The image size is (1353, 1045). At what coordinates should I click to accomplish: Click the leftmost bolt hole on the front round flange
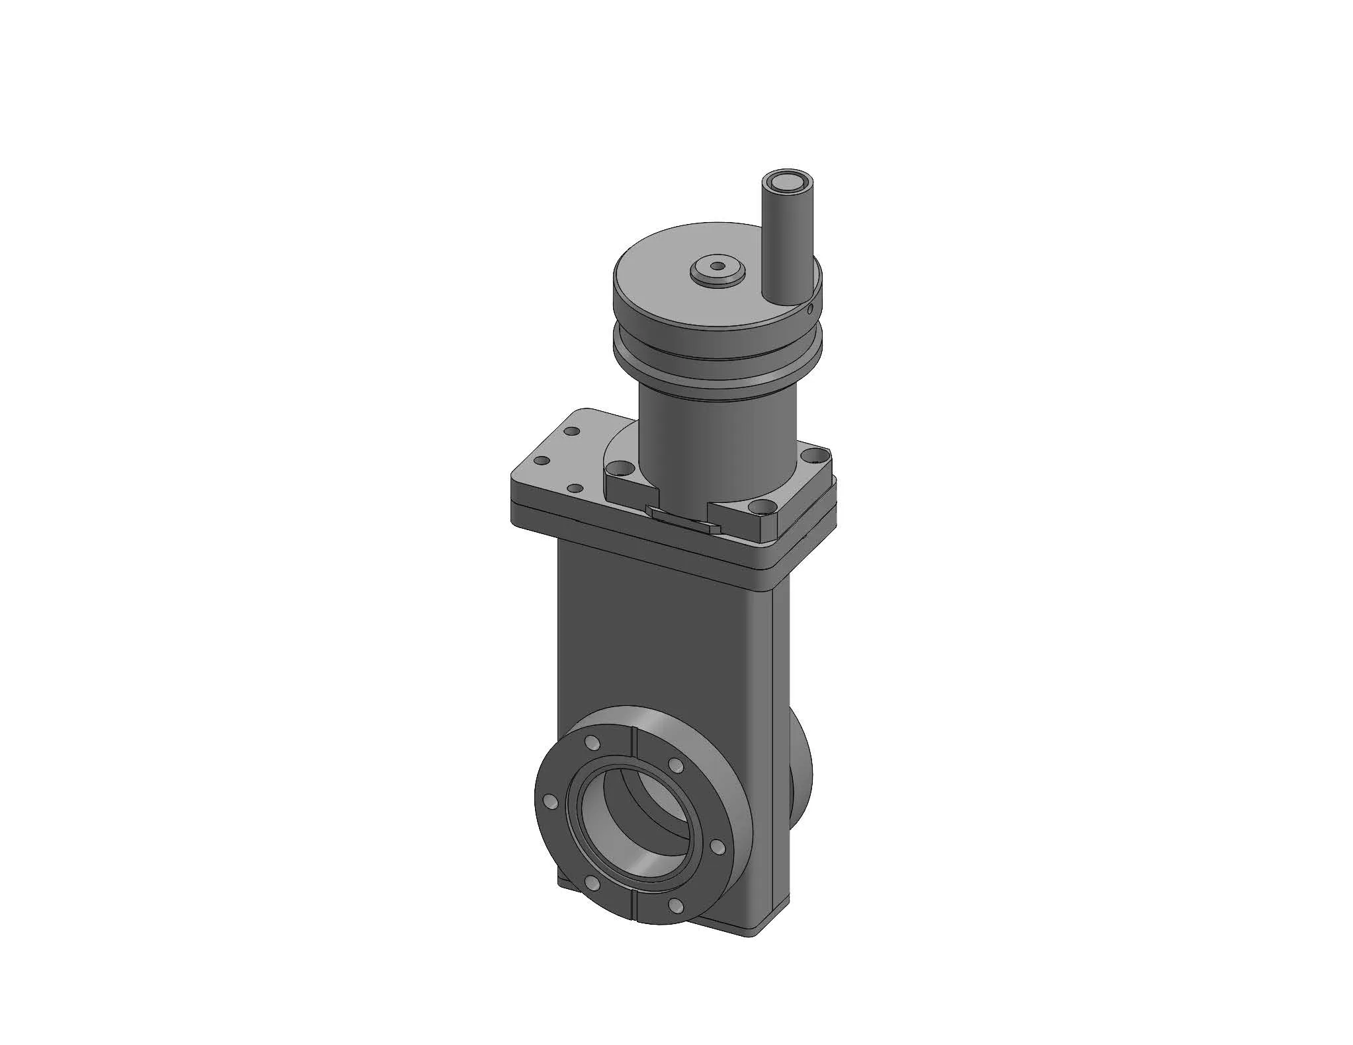click(548, 802)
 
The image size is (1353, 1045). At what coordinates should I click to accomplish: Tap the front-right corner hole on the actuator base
click(765, 508)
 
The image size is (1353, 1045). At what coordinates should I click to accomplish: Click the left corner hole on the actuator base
click(618, 469)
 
